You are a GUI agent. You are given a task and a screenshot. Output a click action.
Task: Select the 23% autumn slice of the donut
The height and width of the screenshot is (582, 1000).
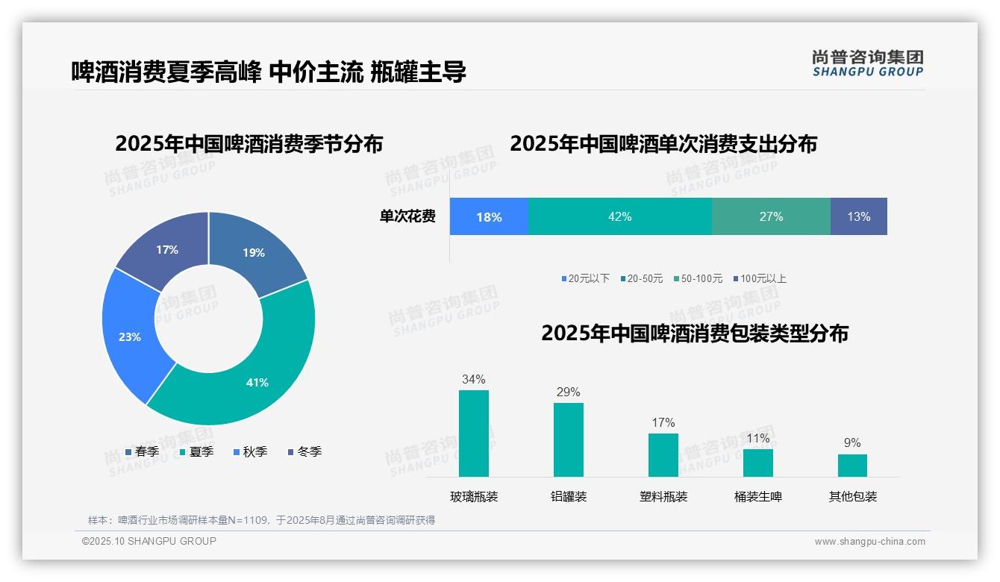131,336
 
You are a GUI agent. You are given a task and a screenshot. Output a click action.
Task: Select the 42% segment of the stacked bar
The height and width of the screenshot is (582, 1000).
619,216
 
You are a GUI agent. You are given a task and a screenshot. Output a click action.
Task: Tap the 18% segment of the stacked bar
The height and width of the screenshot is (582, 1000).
489,216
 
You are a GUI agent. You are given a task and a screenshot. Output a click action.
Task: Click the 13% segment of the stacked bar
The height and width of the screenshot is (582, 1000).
858,216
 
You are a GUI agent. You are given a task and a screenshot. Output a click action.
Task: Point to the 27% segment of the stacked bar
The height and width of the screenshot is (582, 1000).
771,216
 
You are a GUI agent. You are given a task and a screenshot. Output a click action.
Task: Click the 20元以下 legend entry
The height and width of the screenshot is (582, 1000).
585,278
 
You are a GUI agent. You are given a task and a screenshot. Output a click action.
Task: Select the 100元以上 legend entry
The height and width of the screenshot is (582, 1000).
759,278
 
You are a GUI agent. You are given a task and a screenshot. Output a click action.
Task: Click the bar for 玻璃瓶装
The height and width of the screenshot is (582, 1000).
473,434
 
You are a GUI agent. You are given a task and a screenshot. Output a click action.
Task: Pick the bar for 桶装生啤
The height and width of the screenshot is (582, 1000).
757,463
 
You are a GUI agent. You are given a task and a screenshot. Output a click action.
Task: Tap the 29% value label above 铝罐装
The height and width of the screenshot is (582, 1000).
568,392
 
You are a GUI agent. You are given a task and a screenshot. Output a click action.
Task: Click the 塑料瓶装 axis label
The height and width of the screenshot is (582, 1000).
663,496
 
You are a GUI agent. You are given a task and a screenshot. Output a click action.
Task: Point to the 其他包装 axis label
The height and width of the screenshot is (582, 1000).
852,496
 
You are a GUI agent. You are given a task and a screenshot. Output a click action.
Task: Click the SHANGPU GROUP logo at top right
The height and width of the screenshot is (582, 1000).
867,63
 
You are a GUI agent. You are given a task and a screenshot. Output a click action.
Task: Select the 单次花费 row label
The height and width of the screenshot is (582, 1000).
407,216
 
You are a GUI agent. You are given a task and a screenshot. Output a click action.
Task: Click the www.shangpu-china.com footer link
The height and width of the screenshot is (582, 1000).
869,541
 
